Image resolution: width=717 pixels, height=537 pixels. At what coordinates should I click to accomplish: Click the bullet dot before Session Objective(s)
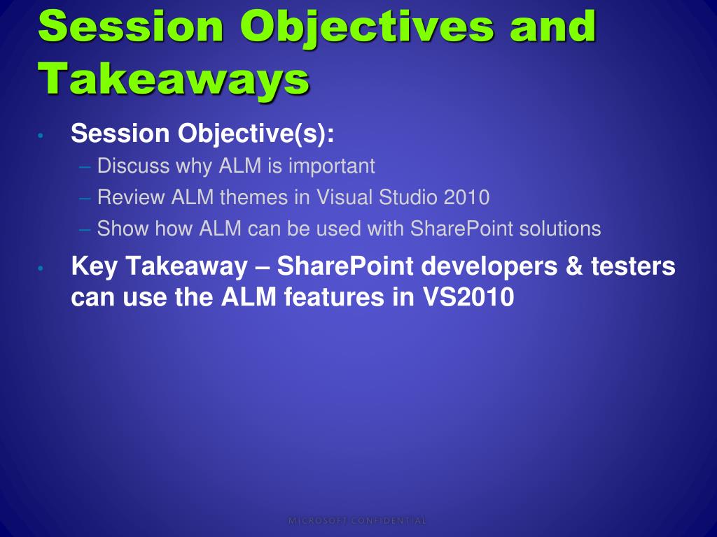click(x=41, y=136)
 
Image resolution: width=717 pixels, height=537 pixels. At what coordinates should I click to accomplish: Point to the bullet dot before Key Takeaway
click(x=41, y=268)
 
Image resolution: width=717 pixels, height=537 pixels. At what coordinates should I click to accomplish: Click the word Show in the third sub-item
click(x=123, y=229)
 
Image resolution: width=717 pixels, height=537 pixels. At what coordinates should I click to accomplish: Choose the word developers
click(x=489, y=267)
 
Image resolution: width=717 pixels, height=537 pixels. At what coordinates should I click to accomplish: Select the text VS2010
click(x=468, y=297)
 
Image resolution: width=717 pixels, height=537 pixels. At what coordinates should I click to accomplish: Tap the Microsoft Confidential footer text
click(x=358, y=520)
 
